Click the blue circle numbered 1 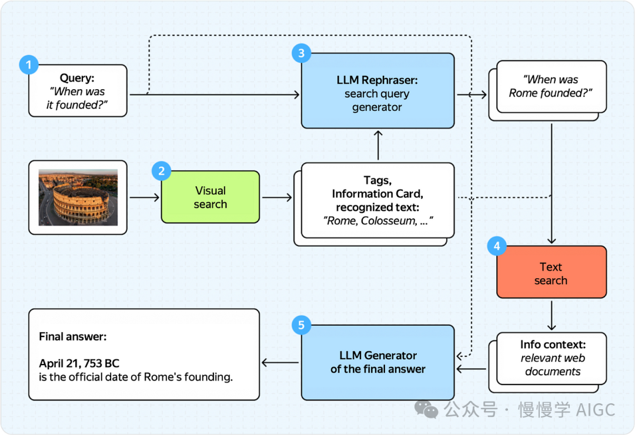[x=29, y=65]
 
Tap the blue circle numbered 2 [x=161, y=171]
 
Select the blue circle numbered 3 [x=301, y=53]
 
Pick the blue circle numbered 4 [x=496, y=246]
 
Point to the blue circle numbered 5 [x=301, y=325]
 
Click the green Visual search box [x=210, y=197]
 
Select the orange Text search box [x=551, y=272]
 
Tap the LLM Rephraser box [x=377, y=90]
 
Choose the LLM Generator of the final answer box [x=377, y=362]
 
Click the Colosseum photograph [x=78, y=197]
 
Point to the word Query [x=77, y=77]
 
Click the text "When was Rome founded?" [x=551, y=86]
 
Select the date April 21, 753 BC [x=79, y=363]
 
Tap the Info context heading [x=553, y=345]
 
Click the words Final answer [x=73, y=336]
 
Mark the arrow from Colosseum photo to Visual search [x=145, y=197]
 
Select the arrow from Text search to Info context [x=551, y=315]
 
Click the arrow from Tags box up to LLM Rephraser [x=378, y=146]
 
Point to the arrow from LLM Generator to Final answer [x=280, y=363]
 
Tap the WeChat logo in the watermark [x=426, y=409]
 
